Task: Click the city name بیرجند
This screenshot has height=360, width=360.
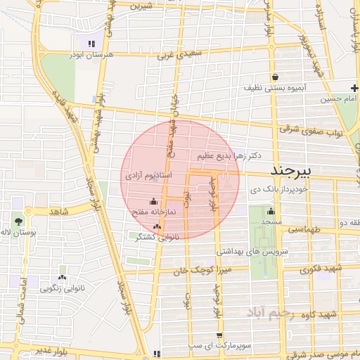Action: point(292,172)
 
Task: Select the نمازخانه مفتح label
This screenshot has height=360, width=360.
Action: point(148,211)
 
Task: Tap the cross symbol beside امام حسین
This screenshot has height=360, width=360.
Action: point(355,88)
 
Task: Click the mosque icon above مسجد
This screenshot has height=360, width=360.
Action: point(271,212)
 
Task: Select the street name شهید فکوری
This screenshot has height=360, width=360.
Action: point(320,269)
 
